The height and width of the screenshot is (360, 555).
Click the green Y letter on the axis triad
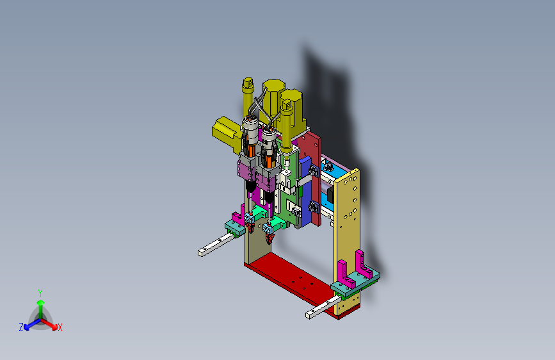[x=40, y=293]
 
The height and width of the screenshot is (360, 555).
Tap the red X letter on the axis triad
[x=60, y=328]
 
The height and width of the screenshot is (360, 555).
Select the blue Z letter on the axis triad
[x=21, y=327]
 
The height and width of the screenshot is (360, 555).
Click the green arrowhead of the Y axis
[x=41, y=302]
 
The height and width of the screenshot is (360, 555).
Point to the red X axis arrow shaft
[x=48, y=323]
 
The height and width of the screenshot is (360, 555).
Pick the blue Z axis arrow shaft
[x=33, y=323]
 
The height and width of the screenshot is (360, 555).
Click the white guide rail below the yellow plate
[x=323, y=307]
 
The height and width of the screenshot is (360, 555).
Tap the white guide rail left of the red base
[x=216, y=245]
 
